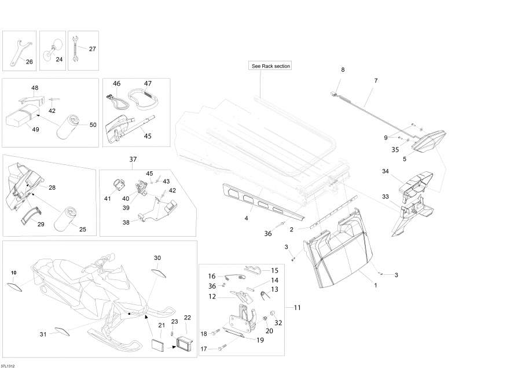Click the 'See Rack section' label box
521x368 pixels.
tap(270, 66)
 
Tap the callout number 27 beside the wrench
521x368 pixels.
tap(92, 49)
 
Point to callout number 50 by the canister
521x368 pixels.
tap(93, 125)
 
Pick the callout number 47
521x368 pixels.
tap(148, 84)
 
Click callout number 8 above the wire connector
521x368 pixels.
tap(342, 69)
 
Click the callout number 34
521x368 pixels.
tap(385, 171)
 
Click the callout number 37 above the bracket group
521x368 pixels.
tap(133, 159)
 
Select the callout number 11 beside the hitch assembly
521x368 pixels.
tap(296, 308)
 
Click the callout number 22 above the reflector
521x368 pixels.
tap(187, 317)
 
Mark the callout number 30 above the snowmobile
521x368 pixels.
tap(157, 257)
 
